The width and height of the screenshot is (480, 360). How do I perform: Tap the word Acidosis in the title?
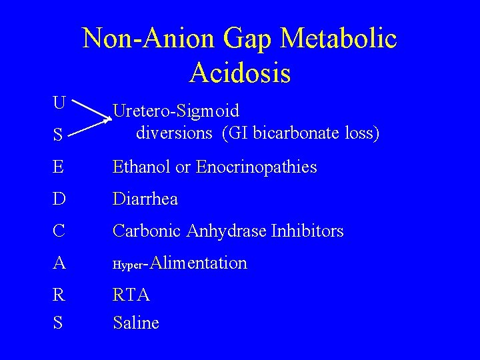click(x=240, y=72)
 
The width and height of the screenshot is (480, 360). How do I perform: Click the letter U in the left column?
click(x=60, y=103)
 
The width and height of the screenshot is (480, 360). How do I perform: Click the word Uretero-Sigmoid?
click(x=176, y=111)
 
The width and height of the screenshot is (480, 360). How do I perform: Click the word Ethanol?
click(x=141, y=167)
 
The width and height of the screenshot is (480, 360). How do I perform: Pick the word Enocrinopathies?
click(x=257, y=167)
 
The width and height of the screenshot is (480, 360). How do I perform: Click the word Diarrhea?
click(x=145, y=199)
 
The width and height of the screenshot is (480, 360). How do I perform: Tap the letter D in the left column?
click(x=60, y=199)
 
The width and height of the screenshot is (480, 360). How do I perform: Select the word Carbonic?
click(x=147, y=231)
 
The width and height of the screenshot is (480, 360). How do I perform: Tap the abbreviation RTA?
click(x=131, y=294)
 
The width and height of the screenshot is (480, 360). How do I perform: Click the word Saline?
click(x=136, y=323)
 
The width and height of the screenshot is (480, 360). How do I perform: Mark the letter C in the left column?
click(x=60, y=231)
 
